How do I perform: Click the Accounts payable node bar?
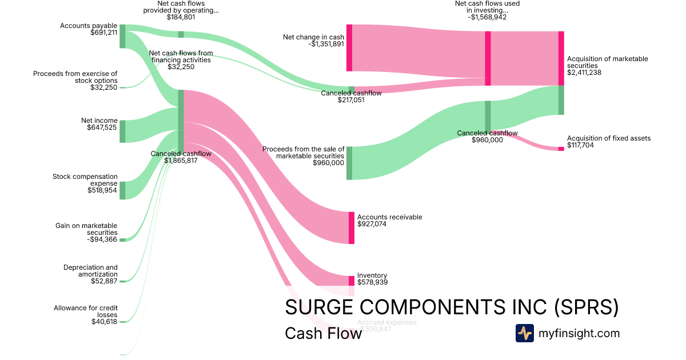(x=122, y=36)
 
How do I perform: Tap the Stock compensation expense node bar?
(x=122, y=190)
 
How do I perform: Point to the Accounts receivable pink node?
(x=352, y=228)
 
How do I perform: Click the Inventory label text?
(x=372, y=275)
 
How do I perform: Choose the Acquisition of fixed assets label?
(x=608, y=138)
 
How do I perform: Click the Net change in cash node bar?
(x=349, y=48)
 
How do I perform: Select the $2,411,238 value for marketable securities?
(x=584, y=73)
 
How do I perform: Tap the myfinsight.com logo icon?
(x=524, y=333)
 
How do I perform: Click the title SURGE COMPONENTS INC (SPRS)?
(x=452, y=307)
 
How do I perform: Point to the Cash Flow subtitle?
(x=323, y=333)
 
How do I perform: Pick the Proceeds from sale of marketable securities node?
(x=349, y=163)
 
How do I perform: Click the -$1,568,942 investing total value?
(x=487, y=17)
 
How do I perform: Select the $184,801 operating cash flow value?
(x=181, y=17)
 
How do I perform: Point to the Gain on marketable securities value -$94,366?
(x=99, y=239)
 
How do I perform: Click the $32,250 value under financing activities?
(x=181, y=67)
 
